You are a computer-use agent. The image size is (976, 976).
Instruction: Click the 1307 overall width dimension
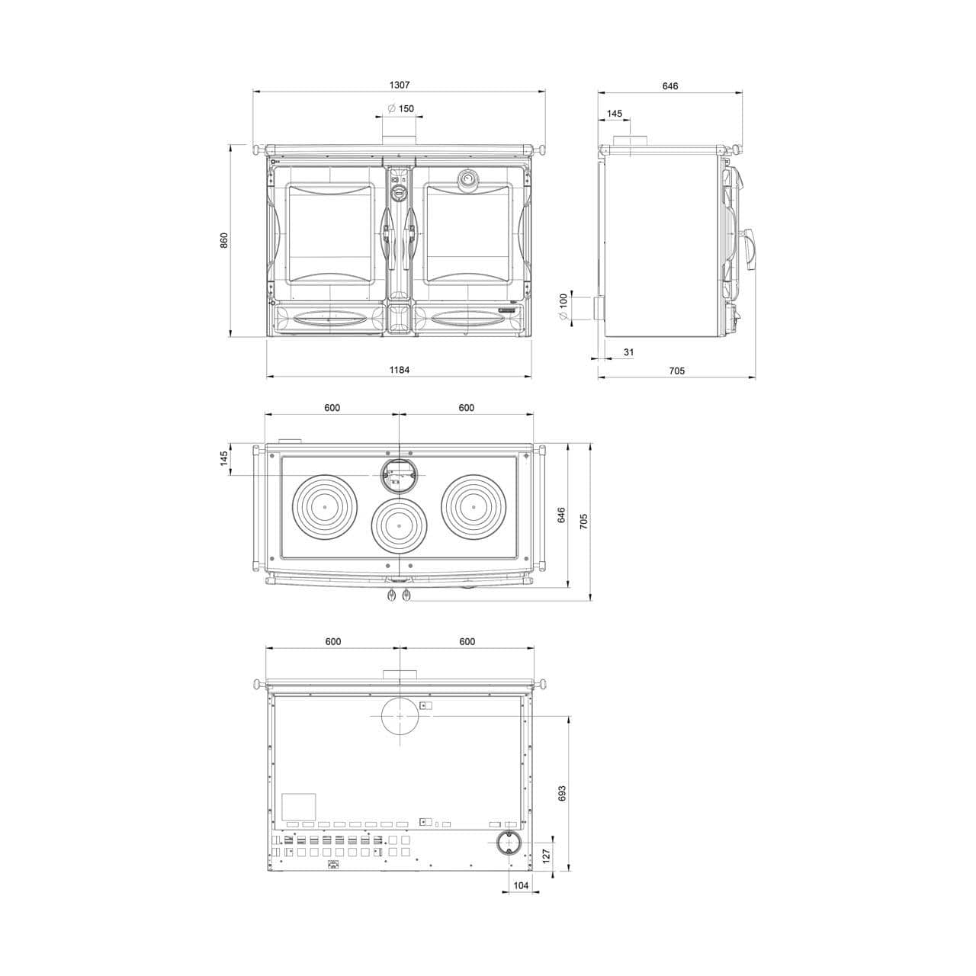pyautogui.click(x=399, y=85)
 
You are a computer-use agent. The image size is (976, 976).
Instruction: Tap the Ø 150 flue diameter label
pyautogui.click(x=400, y=108)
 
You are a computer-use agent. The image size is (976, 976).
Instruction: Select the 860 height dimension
pyautogui.click(x=224, y=240)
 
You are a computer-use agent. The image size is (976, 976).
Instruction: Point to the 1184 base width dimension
pyautogui.click(x=399, y=370)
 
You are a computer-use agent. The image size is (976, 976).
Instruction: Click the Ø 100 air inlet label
pyautogui.click(x=563, y=307)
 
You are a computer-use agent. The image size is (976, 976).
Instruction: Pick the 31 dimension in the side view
pyautogui.click(x=628, y=352)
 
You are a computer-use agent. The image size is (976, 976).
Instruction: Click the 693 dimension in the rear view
pyautogui.click(x=562, y=793)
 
